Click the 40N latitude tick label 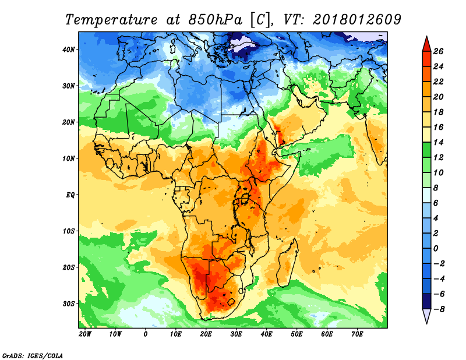pyautogui.click(x=69, y=50)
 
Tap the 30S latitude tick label pyautogui.click(x=69, y=303)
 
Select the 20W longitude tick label pyautogui.click(x=84, y=334)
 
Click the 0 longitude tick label pyautogui.click(x=146, y=334)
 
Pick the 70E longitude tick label pyautogui.click(x=357, y=334)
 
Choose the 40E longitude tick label pyautogui.click(x=267, y=334)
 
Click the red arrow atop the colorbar pyautogui.click(x=426, y=43)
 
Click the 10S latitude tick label pyautogui.click(x=69, y=231)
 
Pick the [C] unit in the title pyautogui.click(x=260, y=19)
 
